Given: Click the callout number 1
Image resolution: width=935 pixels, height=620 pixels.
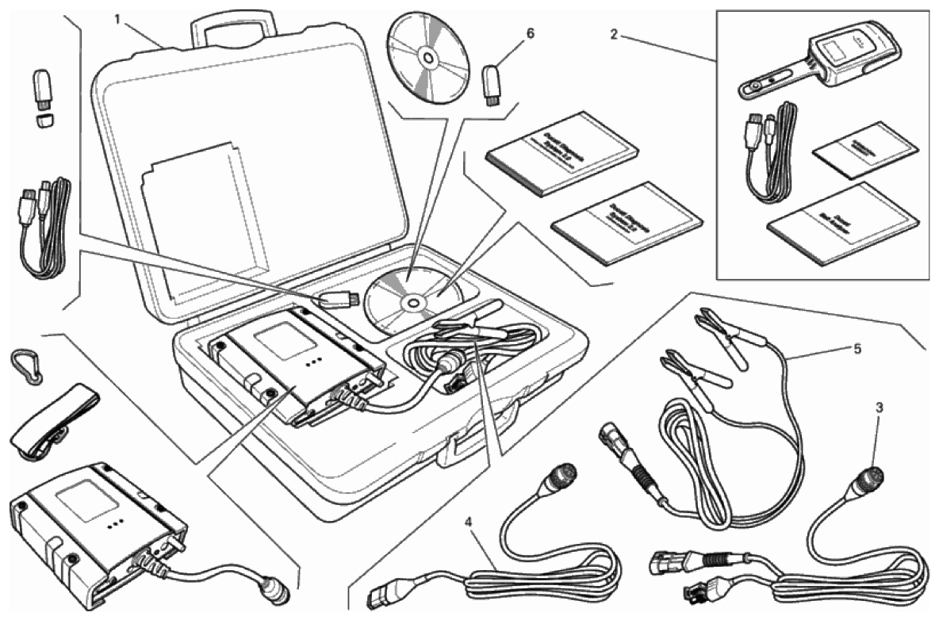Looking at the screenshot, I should pos(117,18).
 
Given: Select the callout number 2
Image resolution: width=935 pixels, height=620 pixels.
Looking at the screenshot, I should pos(614,35).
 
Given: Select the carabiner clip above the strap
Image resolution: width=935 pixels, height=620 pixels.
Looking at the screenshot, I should pos(25,367).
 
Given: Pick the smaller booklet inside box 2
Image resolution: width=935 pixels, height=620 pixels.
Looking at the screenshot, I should pos(866,150).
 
